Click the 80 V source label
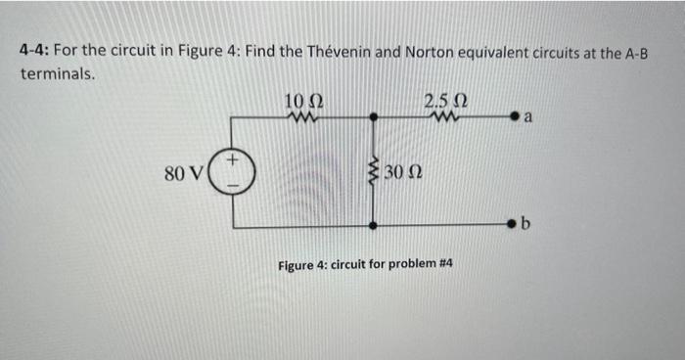point(184,173)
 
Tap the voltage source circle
point(234,172)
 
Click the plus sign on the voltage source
point(234,157)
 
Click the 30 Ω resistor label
point(401,173)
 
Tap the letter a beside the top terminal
point(528,118)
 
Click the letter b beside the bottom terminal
point(525,226)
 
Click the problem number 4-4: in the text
point(36,51)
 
